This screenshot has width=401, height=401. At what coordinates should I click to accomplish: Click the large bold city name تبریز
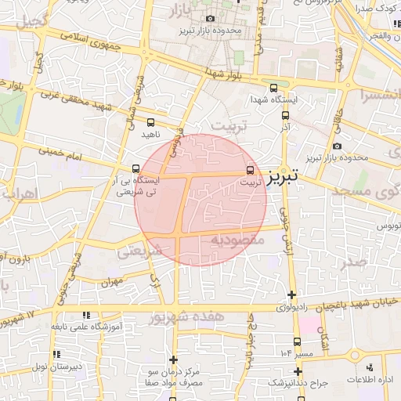(281, 177)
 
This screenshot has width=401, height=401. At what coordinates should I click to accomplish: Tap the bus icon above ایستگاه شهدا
(273, 89)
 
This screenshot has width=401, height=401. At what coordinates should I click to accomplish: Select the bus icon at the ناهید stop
(150, 122)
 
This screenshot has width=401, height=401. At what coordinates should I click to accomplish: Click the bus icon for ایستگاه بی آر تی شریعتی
(137, 168)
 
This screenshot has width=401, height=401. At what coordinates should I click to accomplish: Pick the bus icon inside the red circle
(251, 168)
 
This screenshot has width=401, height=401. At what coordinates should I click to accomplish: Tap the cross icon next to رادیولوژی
(292, 295)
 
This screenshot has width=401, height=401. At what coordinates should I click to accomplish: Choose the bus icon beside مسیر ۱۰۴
(297, 341)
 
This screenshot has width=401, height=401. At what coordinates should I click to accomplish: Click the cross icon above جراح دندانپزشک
(297, 370)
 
